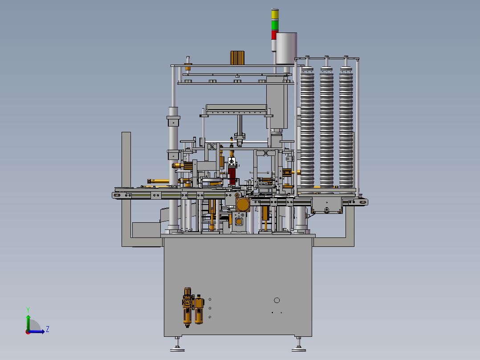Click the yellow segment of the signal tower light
click(275, 15)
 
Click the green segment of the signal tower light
click(275, 25)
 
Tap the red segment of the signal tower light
click(274, 35)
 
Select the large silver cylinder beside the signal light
click(287, 49)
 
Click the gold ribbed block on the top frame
click(237, 58)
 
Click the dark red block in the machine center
click(232, 176)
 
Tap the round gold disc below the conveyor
click(243, 205)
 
